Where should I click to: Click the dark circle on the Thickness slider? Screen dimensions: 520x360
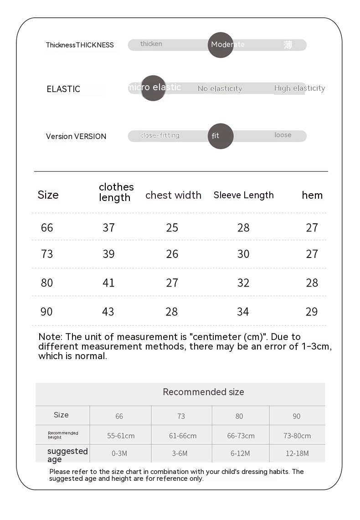click(221, 45)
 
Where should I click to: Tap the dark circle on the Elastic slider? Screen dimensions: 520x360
click(153, 88)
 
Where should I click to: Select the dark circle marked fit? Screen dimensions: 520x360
click(221, 136)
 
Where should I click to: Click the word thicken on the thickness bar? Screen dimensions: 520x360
click(151, 44)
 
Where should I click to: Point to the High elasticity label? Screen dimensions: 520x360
click(299, 88)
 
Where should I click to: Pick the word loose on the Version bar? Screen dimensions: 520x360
click(283, 135)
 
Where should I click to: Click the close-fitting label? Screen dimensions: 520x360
click(160, 135)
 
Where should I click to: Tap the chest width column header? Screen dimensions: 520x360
click(173, 195)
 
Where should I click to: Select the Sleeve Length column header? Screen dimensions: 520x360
click(243, 195)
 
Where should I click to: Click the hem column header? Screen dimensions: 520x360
click(312, 195)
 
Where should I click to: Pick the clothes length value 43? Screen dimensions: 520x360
click(108, 312)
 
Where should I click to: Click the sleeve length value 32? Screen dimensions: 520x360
click(243, 283)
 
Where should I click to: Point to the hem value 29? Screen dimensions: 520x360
click(312, 312)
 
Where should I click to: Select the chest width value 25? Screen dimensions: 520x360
click(172, 227)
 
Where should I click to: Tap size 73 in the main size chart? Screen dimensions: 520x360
click(47, 254)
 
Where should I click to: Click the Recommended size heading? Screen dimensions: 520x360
click(203, 392)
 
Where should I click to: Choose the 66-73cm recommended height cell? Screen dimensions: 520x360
click(241, 436)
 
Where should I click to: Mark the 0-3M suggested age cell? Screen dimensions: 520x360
click(119, 453)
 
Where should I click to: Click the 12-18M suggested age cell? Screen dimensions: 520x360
click(297, 453)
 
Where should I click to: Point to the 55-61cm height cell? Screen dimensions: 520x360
click(121, 436)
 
